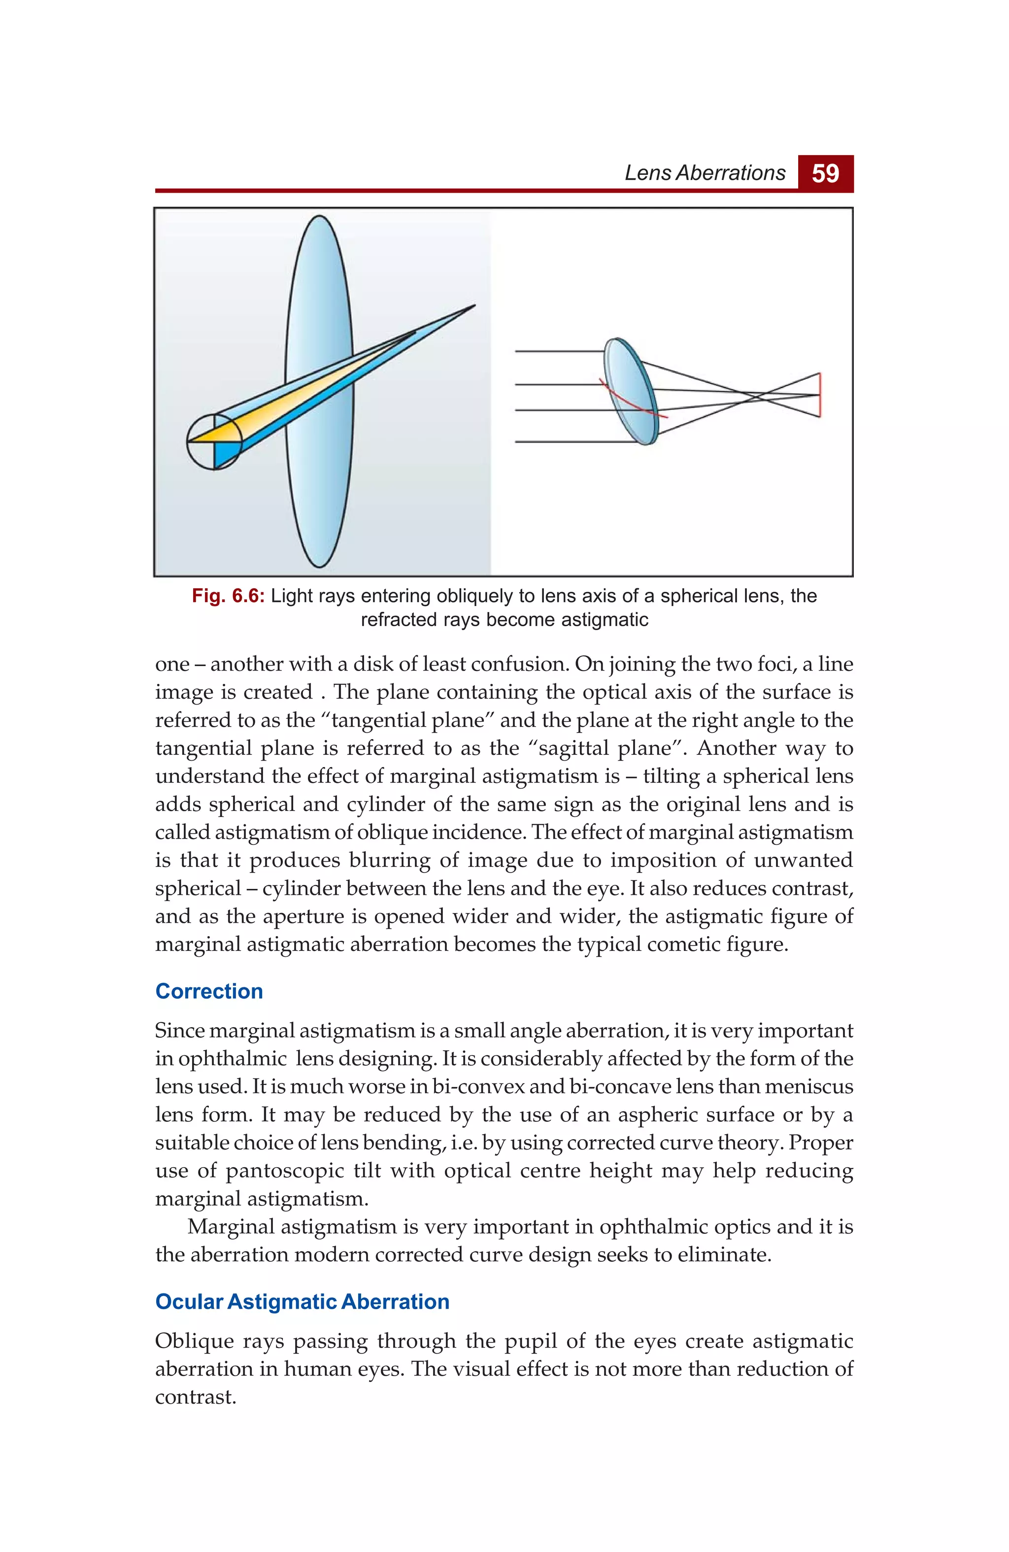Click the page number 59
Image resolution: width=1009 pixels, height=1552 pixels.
[x=825, y=173]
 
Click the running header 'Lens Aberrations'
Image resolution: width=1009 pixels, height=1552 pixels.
[x=705, y=173]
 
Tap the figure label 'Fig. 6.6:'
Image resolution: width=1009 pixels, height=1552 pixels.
[x=228, y=596]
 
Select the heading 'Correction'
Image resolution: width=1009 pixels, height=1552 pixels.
[x=209, y=991]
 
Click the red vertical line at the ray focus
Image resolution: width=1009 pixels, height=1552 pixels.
[x=819, y=395]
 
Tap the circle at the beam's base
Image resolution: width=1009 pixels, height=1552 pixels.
[x=214, y=441]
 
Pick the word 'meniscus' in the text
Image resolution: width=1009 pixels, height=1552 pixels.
[x=809, y=1086]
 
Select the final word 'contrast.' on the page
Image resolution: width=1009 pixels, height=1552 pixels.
[x=195, y=1397]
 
